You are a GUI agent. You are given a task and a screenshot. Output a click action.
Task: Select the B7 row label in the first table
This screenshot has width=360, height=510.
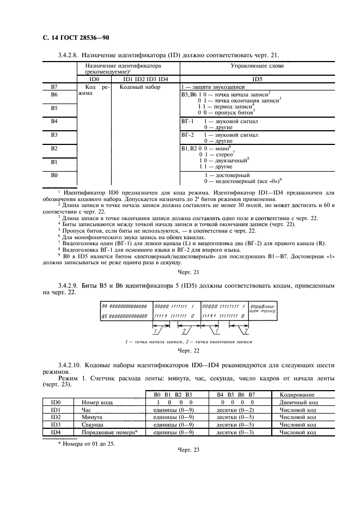[x=54, y=87]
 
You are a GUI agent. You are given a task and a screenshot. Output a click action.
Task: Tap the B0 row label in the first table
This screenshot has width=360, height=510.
[x=54, y=175]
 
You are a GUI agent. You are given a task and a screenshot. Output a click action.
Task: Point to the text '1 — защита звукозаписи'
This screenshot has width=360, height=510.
[x=212, y=87]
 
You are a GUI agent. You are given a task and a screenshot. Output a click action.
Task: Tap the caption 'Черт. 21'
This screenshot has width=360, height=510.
[x=189, y=272]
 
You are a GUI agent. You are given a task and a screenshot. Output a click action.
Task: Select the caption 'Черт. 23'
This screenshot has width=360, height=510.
[x=189, y=450]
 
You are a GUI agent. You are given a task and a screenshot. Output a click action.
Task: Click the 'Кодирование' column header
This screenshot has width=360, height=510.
[x=298, y=395]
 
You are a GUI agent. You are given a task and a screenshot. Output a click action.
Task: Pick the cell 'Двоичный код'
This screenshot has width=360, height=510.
[x=298, y=403]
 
